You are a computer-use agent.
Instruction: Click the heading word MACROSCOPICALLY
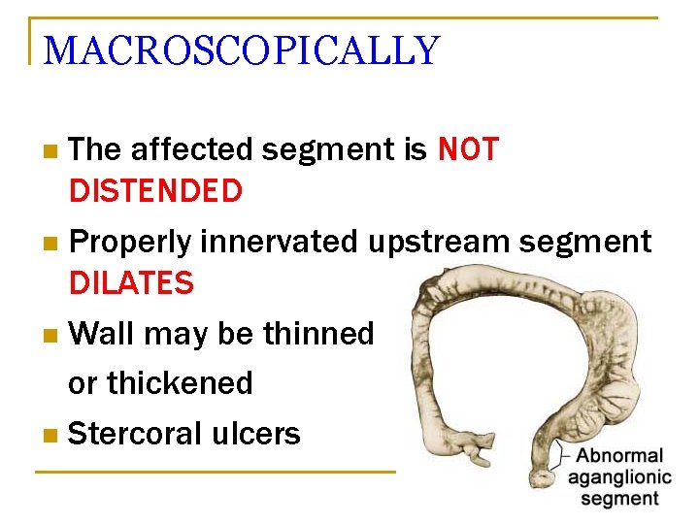point(242,50)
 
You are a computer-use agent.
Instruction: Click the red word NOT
point(468,149)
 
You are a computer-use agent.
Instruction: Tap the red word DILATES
point(131,283)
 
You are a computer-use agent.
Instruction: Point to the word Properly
point(132,242)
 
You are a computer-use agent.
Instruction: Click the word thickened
point(180,383)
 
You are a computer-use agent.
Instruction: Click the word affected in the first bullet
point(190,149)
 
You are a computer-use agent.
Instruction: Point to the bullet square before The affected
point(50,151)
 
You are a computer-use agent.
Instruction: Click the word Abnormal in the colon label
point(619,455)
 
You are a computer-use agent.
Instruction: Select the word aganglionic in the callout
point(619,476)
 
